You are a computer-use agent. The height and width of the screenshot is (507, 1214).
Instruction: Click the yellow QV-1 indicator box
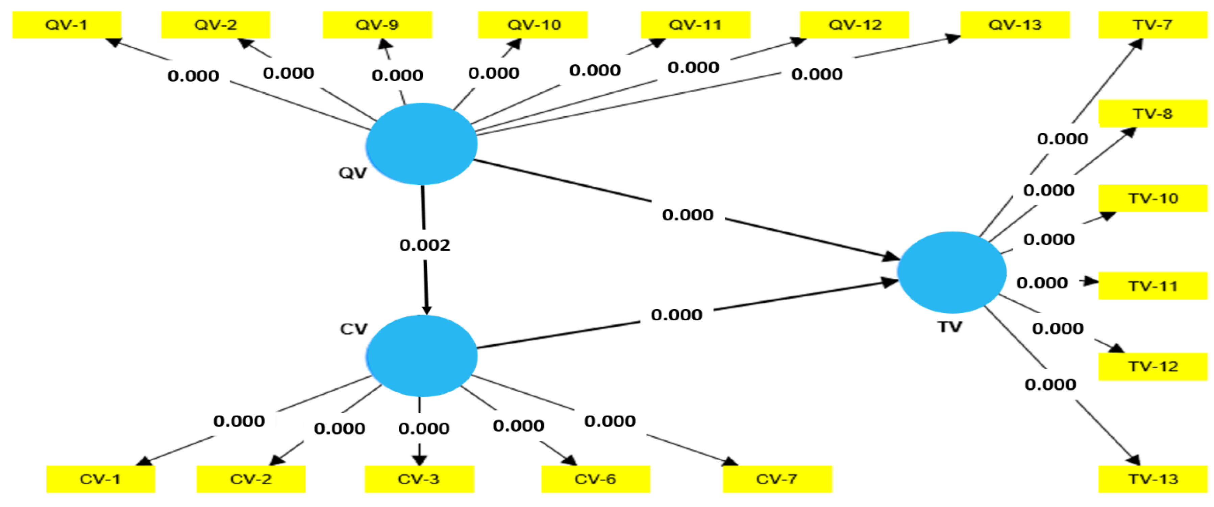click(67, 25)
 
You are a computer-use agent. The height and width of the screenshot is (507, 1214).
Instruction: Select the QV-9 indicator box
click(377, 25)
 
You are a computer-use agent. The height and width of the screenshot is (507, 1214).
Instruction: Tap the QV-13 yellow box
click(1015, 25)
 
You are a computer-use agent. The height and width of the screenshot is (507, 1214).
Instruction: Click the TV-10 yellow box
click(1153, 198)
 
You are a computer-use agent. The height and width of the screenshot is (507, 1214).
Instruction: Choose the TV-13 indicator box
click(1153, 479)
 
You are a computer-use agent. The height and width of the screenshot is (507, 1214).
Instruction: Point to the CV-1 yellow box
click(100, 479)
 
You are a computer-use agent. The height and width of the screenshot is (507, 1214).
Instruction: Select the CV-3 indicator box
click(419, 479)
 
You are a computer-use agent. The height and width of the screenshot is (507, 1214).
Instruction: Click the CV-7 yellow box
click(777, 479)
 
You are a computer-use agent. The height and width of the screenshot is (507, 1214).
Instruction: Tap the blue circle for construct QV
click(422, 144)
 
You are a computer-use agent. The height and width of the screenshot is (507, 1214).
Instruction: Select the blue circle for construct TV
click(951, 272)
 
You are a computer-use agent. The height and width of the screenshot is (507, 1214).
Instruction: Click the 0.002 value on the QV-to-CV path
click(425, 245)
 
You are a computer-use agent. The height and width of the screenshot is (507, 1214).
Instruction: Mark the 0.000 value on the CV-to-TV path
click(676, 315)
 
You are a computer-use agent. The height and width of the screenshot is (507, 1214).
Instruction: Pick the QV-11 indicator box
click(695, 25)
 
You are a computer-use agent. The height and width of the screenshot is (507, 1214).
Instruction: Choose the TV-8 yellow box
click(1153, 114)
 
